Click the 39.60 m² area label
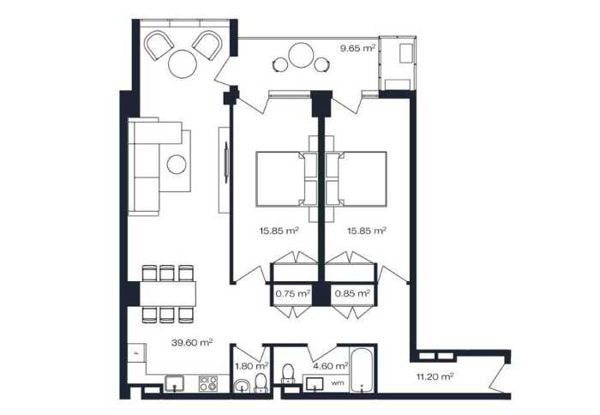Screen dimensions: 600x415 (x=192, y=342)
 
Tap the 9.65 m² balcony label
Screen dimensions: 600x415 (x=357, y=48)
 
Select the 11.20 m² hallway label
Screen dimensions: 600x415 (x=435, y=376)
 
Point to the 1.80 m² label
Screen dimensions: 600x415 (x=251, y=366)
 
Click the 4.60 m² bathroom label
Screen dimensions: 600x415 (x=331, y=366)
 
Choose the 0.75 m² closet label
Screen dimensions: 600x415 (x=293, y=293)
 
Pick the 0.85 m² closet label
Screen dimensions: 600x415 (x=352, y=293)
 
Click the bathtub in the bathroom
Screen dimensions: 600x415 (x=363, y=370)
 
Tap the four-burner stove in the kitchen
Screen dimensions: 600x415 (x=208, y=383)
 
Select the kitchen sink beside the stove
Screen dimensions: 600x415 (x=174, y=383)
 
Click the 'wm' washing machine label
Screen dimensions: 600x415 (x=337, y=382)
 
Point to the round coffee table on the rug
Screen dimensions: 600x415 (x=177, y=165)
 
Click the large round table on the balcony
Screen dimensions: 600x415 (x=302, y=56)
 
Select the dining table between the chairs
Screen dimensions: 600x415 (x=168, y=293)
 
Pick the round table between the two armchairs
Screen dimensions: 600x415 (x=183, y=64)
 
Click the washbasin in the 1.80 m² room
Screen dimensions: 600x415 (x=242, y=386)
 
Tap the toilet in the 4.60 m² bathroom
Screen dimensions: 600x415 (x=288, y=373)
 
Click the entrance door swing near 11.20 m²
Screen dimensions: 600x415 (x=500, y=378)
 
